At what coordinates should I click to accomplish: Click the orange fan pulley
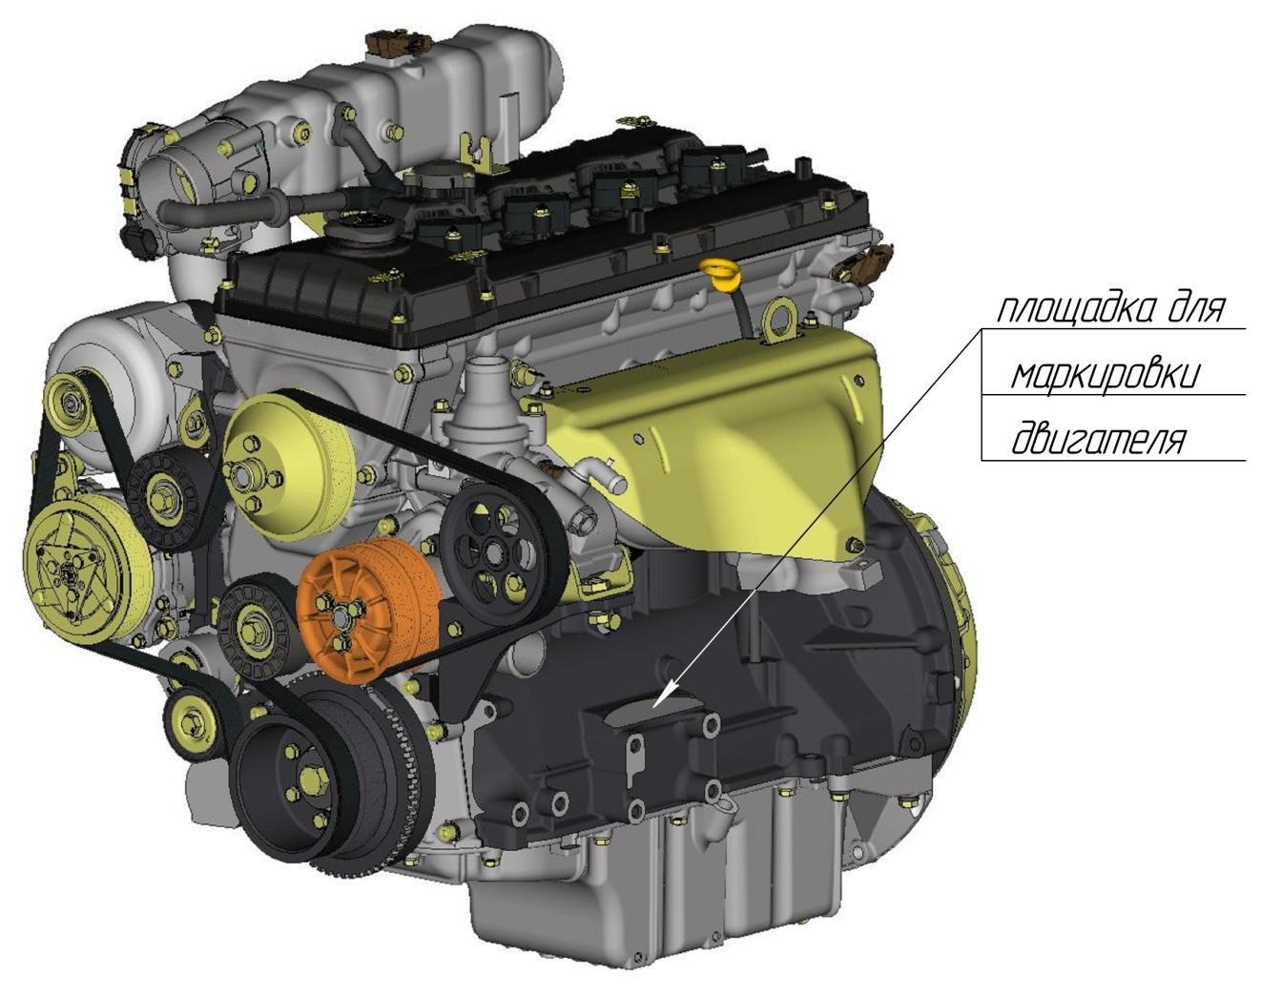point(368,610)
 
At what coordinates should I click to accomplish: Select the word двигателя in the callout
point(1096,441)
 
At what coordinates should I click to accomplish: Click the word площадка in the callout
point(1065,308)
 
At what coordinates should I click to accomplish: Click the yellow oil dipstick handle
point(719,273)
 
